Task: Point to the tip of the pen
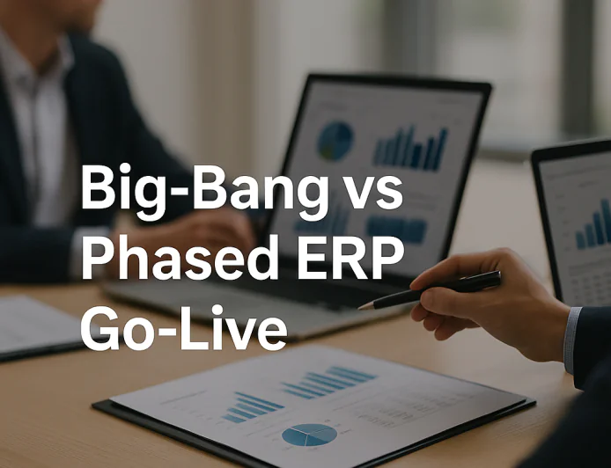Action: point(361,307)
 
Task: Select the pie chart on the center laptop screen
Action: point(335,140)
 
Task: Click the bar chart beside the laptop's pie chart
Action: point(410,148)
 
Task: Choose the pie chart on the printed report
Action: point(309,435)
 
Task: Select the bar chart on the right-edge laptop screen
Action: point(593,227)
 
